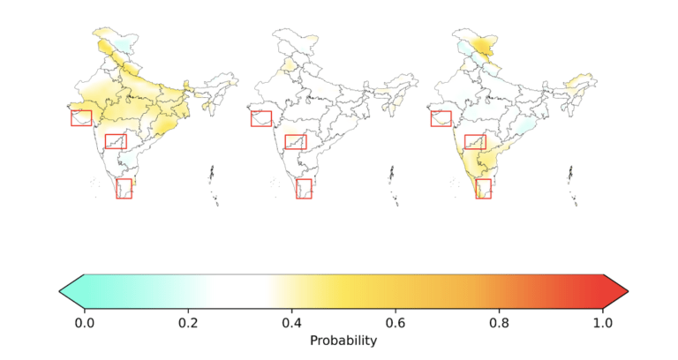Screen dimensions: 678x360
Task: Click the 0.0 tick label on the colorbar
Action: pos(85,323)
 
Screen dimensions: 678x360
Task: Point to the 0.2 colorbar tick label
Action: pos(188,323)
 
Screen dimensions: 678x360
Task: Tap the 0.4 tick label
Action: pos(292,323)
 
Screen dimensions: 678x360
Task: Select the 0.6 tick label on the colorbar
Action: pos(395,323)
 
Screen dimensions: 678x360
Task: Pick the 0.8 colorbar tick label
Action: pos(500,323)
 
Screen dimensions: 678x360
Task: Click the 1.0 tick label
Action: pos(603,323)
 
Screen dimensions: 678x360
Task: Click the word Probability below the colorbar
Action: pos(343,341)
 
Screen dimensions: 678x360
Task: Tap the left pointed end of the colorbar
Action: pos(59,291)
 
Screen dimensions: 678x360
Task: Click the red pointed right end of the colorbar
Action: pos(628,291)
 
